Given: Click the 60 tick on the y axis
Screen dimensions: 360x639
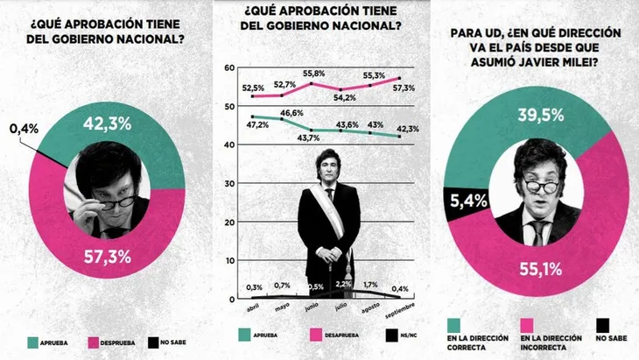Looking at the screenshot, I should click(x=229, y=68).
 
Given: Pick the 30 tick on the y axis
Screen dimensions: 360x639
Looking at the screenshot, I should click(x=229, y=183).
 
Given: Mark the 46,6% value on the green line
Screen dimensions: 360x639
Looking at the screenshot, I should click(x=291, y=113).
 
